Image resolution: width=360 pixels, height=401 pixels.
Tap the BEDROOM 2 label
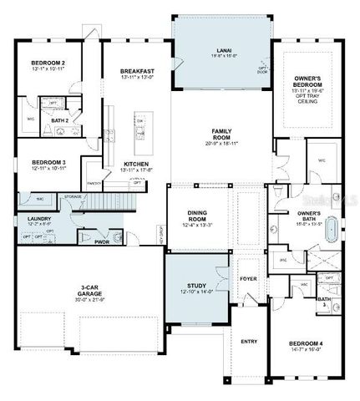pos(48,63)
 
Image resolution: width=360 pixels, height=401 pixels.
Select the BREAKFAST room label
pos(136,71)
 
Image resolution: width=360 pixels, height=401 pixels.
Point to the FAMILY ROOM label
pos(221,131)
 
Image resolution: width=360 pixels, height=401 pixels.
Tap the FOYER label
pos(248,279)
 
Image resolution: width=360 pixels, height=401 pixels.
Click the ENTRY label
pos(249,341)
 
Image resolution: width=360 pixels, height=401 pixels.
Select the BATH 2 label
pos(59,120)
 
